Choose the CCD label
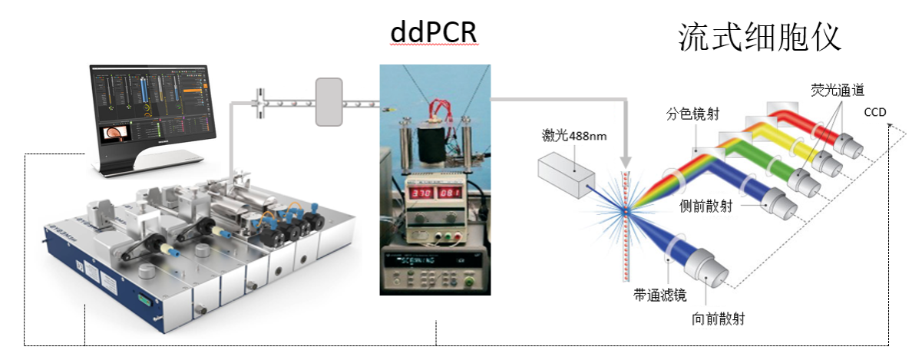coord(876,112)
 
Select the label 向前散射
coord(719,317)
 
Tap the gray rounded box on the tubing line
coord(328,101)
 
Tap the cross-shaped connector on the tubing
coord(261,101)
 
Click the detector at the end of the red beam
coord(849,143)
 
